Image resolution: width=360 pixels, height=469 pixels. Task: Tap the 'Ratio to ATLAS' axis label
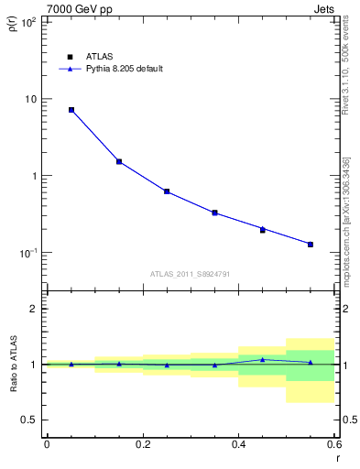click(12, 364)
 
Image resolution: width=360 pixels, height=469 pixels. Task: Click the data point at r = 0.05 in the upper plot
click(71, 110)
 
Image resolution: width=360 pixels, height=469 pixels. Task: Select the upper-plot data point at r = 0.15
click(119, 161)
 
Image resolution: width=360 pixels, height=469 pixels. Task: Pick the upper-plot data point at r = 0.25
click(167, 191)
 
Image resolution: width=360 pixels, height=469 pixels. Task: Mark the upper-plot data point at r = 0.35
click(214, 213)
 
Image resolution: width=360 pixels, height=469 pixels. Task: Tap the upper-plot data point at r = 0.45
click(262, 229)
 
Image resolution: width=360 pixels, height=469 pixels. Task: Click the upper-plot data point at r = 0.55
click(311, 245)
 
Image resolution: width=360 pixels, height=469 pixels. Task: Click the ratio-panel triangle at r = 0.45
click(262, 359)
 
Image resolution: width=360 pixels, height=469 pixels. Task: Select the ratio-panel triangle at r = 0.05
click(71, 364)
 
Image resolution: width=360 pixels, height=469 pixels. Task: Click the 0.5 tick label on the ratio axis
click(28, 420)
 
